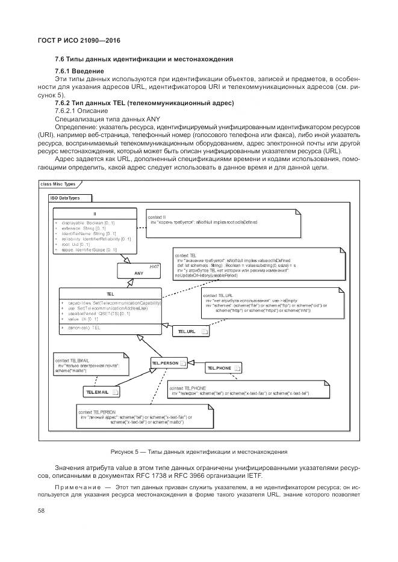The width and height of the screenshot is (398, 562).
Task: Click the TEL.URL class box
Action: click(x=191, y=331)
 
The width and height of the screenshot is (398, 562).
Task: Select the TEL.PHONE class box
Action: click(x=223, y=367)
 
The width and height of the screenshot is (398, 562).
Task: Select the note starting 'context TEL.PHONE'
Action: click(x=247, y=391)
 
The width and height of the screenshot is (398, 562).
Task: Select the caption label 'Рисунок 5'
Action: click(x=127, y=451)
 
